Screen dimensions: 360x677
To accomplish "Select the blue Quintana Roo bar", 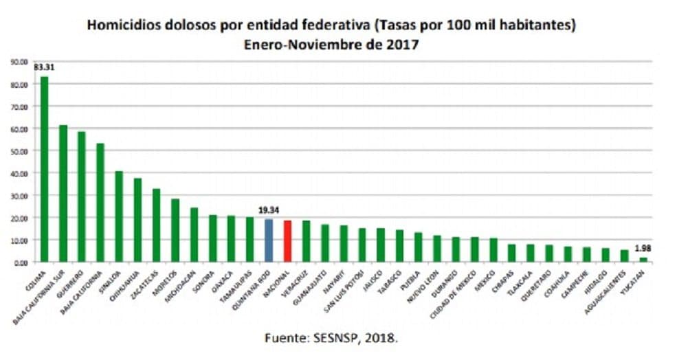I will tap(269, 240).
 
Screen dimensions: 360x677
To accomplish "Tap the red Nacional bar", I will tap(287, 241).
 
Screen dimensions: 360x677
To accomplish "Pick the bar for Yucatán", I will tap(643, 260).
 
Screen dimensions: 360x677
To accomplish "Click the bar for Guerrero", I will tap(82, 196).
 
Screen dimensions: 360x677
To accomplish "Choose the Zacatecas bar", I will tap(156, 225).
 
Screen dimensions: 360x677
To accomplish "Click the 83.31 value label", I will tap(44, 67).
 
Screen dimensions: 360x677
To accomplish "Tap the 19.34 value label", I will tap(269, 210).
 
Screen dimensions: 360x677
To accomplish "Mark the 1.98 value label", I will tap(643, 248).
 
